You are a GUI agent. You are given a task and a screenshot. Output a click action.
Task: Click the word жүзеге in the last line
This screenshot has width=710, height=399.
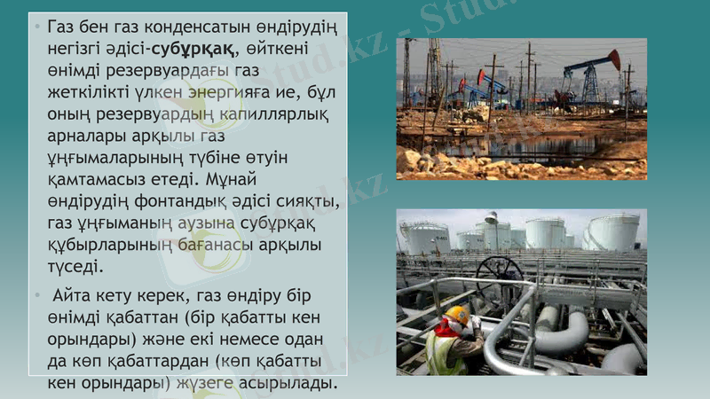coord(214,383)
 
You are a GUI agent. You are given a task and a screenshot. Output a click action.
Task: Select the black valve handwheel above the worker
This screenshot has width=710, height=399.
coord(499,272)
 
